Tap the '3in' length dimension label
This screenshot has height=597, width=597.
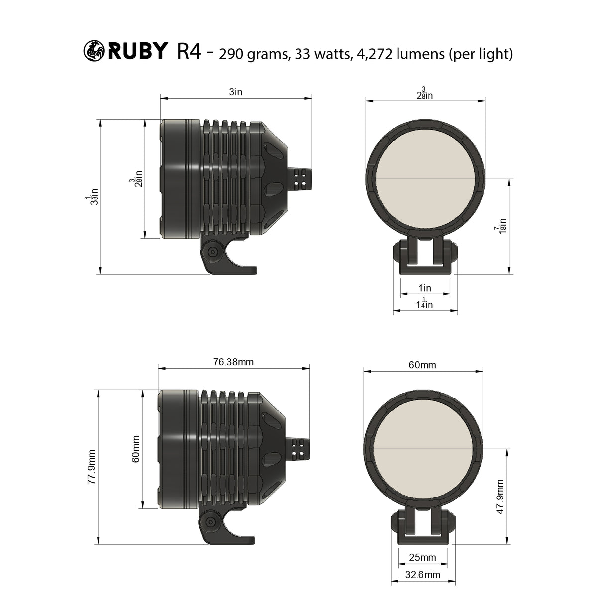coord(235,92)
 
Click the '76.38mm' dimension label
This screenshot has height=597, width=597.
coord(233,362)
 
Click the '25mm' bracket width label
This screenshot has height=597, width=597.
coord(422,557)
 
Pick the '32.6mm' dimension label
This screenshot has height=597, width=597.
coord(423,575)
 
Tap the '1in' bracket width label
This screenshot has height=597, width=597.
coord(425,288)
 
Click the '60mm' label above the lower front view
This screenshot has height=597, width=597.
coord(422,365)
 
